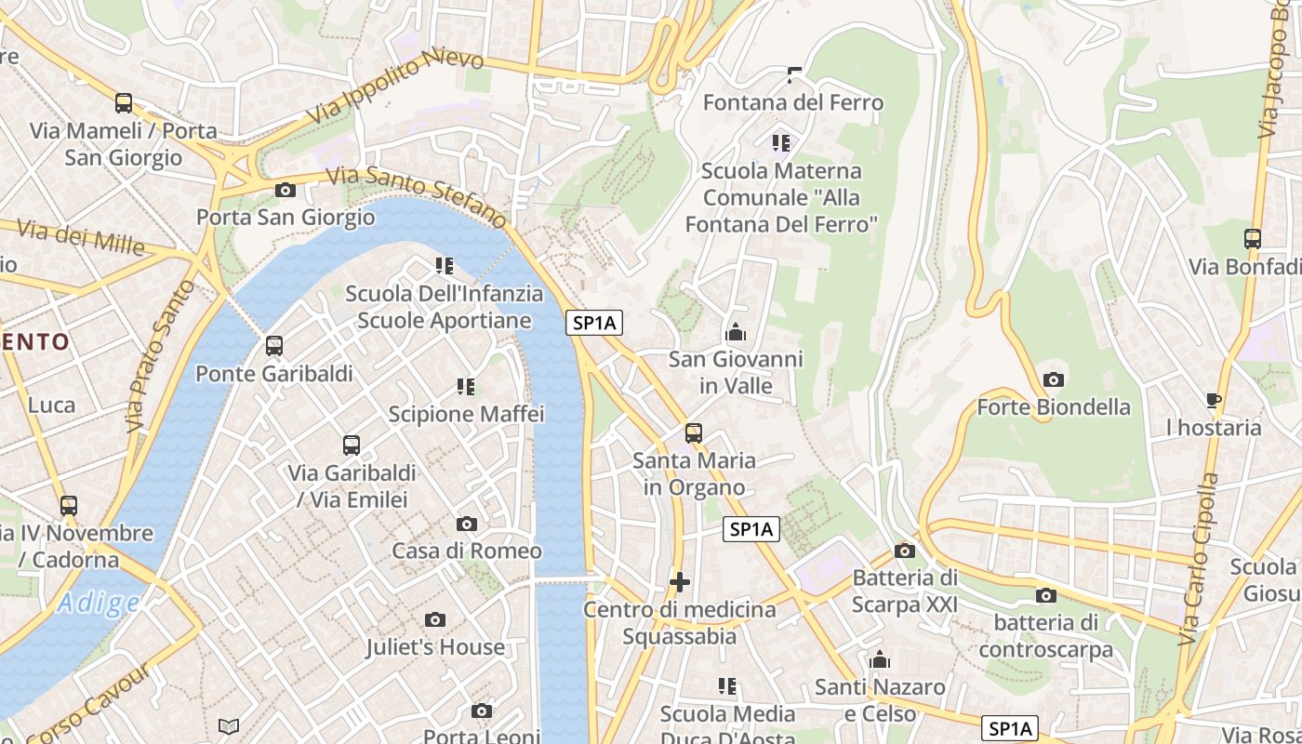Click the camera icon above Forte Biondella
[1054, 379]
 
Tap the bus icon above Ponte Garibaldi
[274, 346]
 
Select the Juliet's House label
[435, 647]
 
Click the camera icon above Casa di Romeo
[467, 525]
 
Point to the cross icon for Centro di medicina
[680, 583]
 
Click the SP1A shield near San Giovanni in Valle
[594, 323]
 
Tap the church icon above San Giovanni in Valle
[736, 332]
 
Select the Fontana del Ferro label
[793, 102]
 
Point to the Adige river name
[98, 604]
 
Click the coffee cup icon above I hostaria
[1214, 401]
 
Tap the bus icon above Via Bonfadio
[1253, 239]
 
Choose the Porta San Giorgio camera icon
[286, 191]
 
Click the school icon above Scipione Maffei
[466, 386]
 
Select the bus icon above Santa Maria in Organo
[694, 433]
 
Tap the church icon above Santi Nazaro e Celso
[880, 661]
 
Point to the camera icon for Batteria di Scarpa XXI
[904, 551]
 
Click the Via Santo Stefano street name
[418, 195]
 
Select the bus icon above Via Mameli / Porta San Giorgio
[124, 103]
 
